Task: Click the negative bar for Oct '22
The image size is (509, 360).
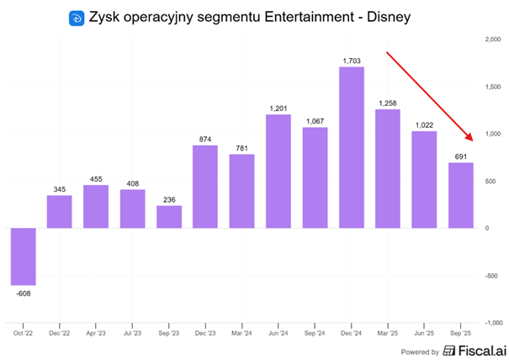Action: (x=23, y=257)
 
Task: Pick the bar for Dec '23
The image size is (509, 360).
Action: (x=204, y=186)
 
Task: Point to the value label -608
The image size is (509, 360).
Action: (x=23, y=294)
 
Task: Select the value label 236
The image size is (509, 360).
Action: (x=168, y=199)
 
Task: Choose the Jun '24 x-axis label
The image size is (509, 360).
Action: (x=278, y=334)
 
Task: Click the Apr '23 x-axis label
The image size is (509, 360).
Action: (x=95, y=334)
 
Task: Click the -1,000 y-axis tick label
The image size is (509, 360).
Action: (x=492, y=322)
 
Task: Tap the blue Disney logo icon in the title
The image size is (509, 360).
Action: (x=76, y=18)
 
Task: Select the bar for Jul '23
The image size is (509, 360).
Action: (x=132, y=209)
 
